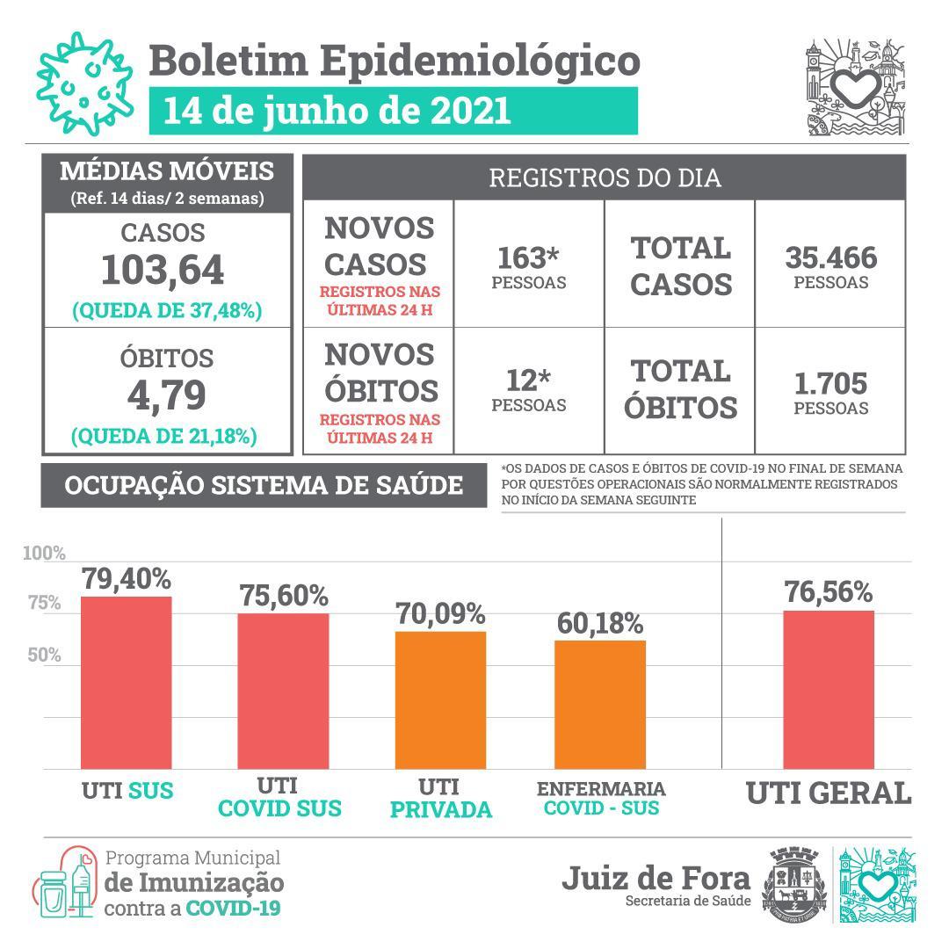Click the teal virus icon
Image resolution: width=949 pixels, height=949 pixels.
pos(84,83)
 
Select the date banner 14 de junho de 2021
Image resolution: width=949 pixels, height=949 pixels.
pos(394,111)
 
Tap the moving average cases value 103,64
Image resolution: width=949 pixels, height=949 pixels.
pos(163,270)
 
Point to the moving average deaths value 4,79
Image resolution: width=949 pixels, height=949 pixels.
pos(166,395)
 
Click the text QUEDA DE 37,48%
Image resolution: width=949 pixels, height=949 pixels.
pos(167,310)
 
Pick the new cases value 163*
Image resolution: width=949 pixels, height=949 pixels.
pos(528,257)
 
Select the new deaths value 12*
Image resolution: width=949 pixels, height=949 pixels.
pos(528,380)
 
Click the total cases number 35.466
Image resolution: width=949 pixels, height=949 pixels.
pos(831,257)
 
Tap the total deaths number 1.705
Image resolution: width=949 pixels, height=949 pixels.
pos(830,384)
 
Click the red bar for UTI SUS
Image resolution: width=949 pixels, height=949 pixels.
pos(126,683)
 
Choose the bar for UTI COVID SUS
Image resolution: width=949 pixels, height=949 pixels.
pos(283,692)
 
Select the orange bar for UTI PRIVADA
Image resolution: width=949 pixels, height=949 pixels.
pos(440,700)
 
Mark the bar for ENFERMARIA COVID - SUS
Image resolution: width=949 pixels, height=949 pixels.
pos(600,705)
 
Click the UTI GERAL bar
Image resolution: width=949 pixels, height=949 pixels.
pos(829,690)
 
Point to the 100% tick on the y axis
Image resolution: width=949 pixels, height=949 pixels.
pos(44,554)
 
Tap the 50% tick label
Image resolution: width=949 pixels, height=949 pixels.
pos(44,655)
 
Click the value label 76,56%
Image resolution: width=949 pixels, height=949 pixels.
pos(829,591)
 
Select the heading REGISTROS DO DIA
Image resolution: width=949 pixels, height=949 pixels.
pos(605,177)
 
